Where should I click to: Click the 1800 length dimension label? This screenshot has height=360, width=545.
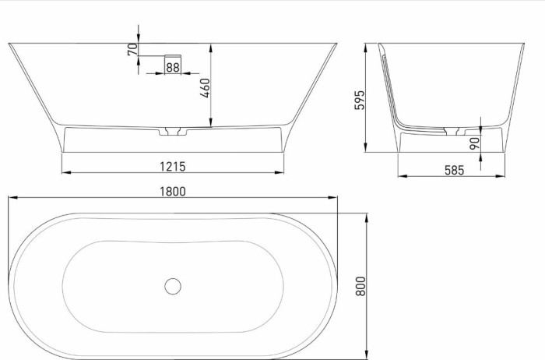173,191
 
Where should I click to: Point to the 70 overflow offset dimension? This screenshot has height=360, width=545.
132,48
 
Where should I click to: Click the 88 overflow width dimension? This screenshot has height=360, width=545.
172,68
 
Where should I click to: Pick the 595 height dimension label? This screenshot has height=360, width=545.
359,100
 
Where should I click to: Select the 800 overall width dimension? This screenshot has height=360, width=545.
360,285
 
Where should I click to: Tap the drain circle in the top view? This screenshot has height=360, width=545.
172,285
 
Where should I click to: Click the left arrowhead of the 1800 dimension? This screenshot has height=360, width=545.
11,198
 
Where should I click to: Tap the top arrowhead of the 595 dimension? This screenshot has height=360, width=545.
366,46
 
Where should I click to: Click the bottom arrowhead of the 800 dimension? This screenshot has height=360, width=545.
367,355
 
